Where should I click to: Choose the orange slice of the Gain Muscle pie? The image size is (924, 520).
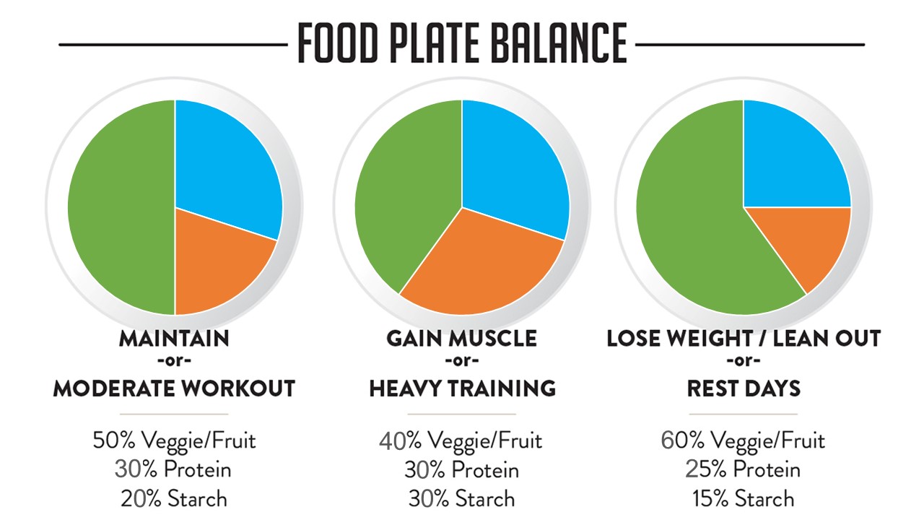tap(480, 267)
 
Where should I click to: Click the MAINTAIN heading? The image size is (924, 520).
tap(174, 338)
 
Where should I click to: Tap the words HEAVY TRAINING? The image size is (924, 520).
tap(462, 389)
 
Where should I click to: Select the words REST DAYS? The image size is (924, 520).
tap(744, 389)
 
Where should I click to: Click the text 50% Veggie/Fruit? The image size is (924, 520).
tap(174, 440)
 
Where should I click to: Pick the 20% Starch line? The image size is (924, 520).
tap(174, 498)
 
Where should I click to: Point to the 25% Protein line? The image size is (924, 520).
tap(743, 469)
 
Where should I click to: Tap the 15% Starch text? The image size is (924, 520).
tap(743, 498)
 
